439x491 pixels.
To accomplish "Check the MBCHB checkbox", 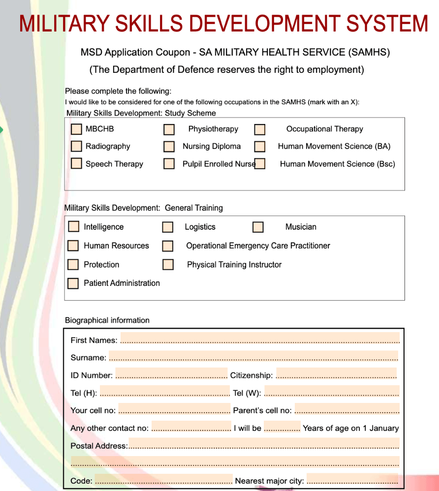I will tap(76, 129).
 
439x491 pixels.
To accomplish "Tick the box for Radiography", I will tap(76, 146).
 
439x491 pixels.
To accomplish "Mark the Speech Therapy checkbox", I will tap(76, 163).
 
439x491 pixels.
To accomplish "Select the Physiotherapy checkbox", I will tap(169, 129).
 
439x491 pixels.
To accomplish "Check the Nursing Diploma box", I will tap(169, 147).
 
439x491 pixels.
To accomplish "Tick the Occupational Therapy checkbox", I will tap(260, 129).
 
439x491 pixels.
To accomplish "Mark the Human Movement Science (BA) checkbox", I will tap(260, 147).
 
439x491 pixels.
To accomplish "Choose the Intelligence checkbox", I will tap(73, 226).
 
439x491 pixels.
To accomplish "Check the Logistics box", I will tap(168, 227).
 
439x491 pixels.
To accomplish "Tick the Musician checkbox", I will tap(258, 227).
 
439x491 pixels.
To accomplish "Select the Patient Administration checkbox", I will tap(73, 283).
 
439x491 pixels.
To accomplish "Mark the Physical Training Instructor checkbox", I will tap(168, 265).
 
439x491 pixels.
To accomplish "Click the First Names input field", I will tap(259, 338).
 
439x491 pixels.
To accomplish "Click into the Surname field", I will tap(253, 356).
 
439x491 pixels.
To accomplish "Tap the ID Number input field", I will tap(171, 374).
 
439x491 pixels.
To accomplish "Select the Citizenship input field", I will tap(336, 374).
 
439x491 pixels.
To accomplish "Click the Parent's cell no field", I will tap(346, 409).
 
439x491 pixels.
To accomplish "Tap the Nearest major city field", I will tap(352, 479).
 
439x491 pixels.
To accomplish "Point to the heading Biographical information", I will tap(107, 320).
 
